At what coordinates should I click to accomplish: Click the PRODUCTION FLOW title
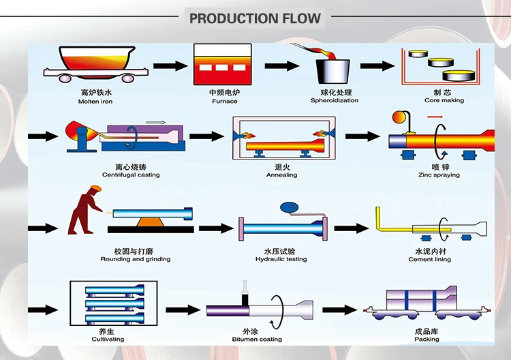[x=255, y=18]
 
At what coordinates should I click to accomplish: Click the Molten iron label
[x=95, y=101]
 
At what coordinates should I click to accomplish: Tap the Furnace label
[x=224, y=101]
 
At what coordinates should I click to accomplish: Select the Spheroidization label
[x=334, y=101]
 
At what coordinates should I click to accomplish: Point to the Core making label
[x=444, y=100]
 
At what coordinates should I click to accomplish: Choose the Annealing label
[x=281, y=175]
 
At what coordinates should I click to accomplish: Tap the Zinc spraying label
[x=439, y=175]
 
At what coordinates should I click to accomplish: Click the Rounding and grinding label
[x=136, y=259]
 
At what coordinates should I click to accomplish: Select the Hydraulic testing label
[x=281, y=259]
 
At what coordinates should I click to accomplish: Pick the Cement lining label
[x=429, y=259]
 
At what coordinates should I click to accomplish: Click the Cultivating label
[x=108, y=339]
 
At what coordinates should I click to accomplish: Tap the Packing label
[x=427, y=339]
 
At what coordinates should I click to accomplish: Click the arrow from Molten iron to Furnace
[x=170, y=66]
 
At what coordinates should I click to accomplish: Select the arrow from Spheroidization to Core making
[x=377, y=66]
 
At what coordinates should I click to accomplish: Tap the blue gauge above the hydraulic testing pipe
[x=286, y=208]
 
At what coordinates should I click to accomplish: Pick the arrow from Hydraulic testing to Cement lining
[x=350, y=227]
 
